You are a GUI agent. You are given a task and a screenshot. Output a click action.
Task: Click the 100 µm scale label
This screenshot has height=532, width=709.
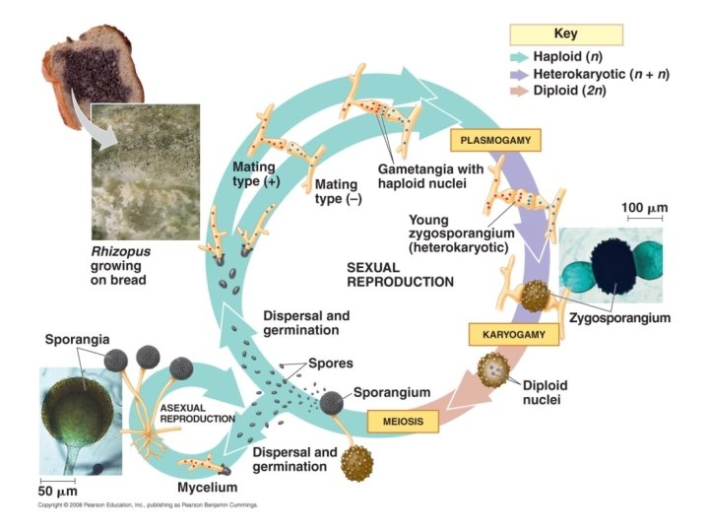click(644, 208)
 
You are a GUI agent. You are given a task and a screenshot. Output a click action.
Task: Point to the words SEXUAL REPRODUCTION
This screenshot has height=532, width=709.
click(400, 274)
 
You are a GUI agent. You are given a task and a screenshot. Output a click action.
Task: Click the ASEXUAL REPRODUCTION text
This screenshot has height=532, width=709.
click(197, 413)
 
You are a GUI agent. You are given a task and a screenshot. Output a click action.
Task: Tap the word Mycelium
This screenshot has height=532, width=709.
click(207, 487)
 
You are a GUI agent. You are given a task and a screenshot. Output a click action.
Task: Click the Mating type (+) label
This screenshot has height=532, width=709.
click(253, 174)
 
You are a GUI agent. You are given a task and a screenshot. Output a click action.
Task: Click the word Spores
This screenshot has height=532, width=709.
click(330, 363)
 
